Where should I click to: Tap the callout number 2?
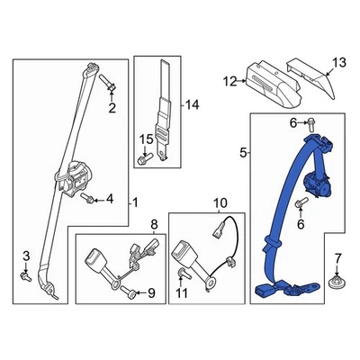(x=112, y=110)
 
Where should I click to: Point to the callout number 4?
(x=110, y=198)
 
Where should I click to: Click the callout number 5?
(x=242, y=154)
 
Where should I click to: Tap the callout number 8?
(x=152, y=223)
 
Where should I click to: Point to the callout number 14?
(x=189, y=105)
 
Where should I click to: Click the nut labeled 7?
(x=337, y=285)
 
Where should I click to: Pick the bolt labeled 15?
(x=144, y=159)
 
